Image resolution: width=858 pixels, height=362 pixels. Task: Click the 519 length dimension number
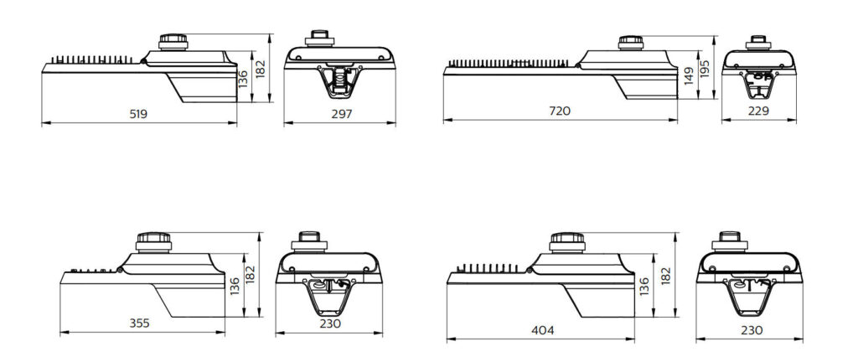pyautogui.click(x=138, y=114)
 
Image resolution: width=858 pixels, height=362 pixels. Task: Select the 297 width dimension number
pyautogui.click(x=342, y=114)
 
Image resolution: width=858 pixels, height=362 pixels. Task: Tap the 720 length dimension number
pyautogui.click(x=559, y=111)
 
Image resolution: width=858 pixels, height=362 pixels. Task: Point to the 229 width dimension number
pyautogui.click(x=758, y=111)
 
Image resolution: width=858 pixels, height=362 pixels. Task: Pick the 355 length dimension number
pyautogui.click(x=139, y=323)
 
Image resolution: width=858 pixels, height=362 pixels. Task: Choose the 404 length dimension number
pyautogui.click(x=543, y=330)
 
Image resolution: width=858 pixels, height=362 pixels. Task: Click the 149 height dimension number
pyautogui.click(x=689, y=76)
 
